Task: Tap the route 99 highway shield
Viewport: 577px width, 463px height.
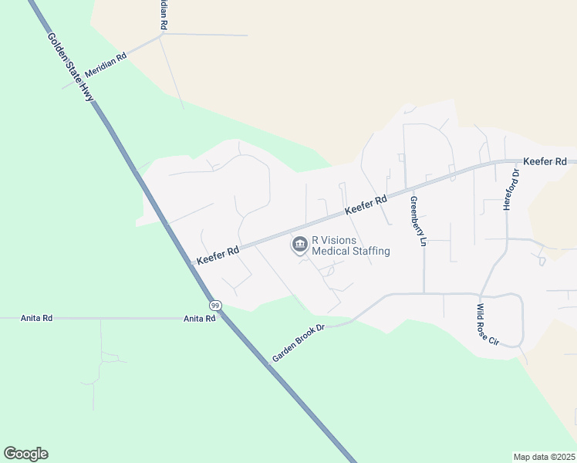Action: [215, 306]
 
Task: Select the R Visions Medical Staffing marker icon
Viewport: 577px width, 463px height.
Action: [299, 245]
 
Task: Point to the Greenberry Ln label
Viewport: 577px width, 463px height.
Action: [418, 221]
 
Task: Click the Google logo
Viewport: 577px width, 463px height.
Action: [25, 453]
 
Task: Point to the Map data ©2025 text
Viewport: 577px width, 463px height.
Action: [544, 457]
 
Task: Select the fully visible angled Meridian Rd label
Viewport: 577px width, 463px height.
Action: [106, 64]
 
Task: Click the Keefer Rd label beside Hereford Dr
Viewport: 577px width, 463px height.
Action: [545, 161]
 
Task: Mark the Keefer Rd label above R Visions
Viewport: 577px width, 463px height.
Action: [366, 205]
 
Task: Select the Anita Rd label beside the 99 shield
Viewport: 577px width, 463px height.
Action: [199, 318]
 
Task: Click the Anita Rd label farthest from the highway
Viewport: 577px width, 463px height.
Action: [36, 318]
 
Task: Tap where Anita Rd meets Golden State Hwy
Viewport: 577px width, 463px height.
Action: [221, 318]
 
